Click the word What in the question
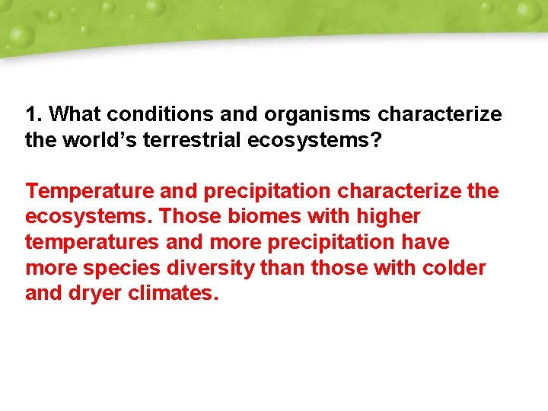coord(74,115)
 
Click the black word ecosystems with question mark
coord(332,141)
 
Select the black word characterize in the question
coord(440,115)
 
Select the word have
coord(426,243)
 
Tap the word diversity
coord(212,268)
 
